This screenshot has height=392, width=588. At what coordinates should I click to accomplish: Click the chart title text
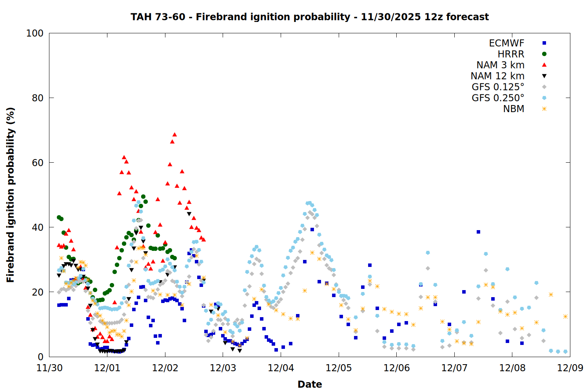click(310, 17)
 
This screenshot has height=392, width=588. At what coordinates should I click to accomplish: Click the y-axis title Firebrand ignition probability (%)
click(11, 195)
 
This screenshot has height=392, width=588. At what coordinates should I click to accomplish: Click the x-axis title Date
click(310, 384)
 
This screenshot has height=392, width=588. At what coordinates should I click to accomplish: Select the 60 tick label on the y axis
click(38, 163)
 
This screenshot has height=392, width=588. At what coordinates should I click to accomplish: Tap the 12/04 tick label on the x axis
click(281, 368)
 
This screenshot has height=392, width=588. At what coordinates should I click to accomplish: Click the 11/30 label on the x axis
click(49, 368)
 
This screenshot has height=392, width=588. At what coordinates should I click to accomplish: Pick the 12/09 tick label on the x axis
click(570, 368)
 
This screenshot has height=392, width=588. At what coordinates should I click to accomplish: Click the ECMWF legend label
click(506, 43)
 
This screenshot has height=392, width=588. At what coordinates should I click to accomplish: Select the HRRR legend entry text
click(511, 54)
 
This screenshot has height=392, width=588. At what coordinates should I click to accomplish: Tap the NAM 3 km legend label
click(500, 65)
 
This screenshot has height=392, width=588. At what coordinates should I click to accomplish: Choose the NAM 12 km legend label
click(497, 76)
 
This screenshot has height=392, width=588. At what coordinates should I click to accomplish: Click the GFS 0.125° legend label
click(498, 87)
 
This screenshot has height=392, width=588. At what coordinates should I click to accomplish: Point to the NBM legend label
click(514, 109)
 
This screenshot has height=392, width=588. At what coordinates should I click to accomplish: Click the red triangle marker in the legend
click(544, 65)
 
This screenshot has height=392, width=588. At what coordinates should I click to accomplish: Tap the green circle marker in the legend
click(544, 54)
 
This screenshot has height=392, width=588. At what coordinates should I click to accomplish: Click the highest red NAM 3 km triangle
click(174, 134)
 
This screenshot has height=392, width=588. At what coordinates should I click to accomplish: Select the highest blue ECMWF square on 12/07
click(478, 232)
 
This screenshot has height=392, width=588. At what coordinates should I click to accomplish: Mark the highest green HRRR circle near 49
click(143, 196)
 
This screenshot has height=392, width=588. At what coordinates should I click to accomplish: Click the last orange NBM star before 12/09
click(565, 316)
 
